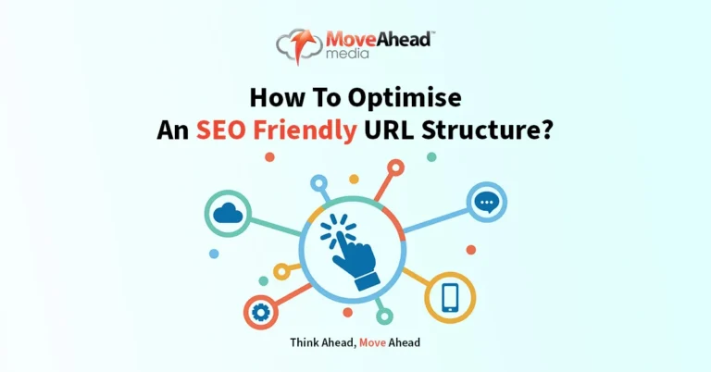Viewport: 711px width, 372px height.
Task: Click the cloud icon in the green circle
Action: (227, 215)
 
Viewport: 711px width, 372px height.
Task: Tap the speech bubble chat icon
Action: (484, 202)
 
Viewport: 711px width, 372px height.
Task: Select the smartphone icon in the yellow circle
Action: (450, 296)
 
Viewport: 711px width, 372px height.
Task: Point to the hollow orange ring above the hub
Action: (396, 168)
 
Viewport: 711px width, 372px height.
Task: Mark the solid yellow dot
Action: (353, 180)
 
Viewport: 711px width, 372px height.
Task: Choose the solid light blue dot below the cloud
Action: (215, 253)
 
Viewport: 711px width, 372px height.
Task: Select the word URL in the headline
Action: (390, 130)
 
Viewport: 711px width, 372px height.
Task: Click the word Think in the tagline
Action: (306, 342)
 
